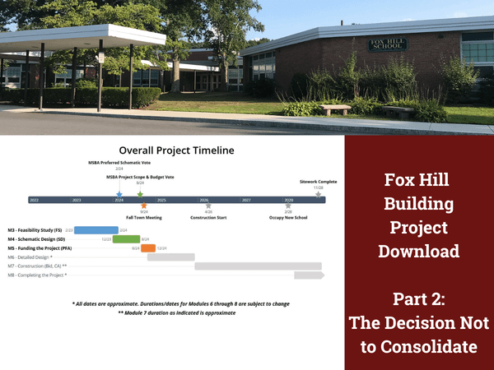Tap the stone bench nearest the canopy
click(x=335, y=109)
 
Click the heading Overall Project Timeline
click(x=176, y=150)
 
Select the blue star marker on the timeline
click(x=119, y=194)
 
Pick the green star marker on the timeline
click(x=140, y=195)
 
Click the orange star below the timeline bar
click(x=144, y=206)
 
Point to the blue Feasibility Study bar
click(x=96, y=230)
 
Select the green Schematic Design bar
click(x=126, y=239)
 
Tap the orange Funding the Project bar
click(x=148, y=248)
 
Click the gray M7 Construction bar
click(x=258, y=266)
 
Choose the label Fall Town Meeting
click(x=144, y=218)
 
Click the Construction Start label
click(x=208, y=218)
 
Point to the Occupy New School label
click(x=288, y=218)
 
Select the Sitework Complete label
click(x=318, y=181)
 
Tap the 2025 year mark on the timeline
click(x=161, y=200)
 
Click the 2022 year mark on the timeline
click(x=34, y=200)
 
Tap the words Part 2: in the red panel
click(x=419, y=298)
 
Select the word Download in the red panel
click(x=419, y=251)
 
